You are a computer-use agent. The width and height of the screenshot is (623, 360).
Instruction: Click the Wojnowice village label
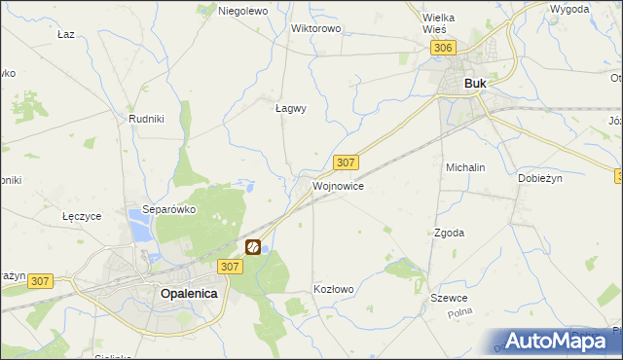tap(338, 185)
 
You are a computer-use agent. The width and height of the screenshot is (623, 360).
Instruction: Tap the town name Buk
tap(475, 84)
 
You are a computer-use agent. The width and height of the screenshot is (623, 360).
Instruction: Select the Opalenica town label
tap(188, 293)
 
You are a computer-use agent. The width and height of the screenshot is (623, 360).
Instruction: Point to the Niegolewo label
tap(242, 11)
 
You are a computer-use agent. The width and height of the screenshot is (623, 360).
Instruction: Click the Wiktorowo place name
tap(315, 28)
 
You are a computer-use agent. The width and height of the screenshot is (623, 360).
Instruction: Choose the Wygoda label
tap(568, 9)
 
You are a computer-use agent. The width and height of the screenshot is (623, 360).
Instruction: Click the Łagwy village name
tap(290, 109)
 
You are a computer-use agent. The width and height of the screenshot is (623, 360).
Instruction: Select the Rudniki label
tap(145, 118)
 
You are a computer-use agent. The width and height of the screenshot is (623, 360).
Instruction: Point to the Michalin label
tap(465, 167)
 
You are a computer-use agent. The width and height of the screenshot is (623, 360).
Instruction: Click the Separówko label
tap(169, 209)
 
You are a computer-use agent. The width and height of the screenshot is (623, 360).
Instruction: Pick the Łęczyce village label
tap(82, 216)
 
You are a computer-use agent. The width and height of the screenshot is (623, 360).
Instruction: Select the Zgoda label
tap(448, 234)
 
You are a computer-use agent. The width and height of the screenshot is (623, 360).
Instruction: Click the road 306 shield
tap(444, 48)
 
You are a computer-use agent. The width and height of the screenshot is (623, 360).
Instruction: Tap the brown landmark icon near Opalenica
tap(252, 247)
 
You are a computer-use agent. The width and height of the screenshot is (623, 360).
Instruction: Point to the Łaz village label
tap(66, 34)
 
